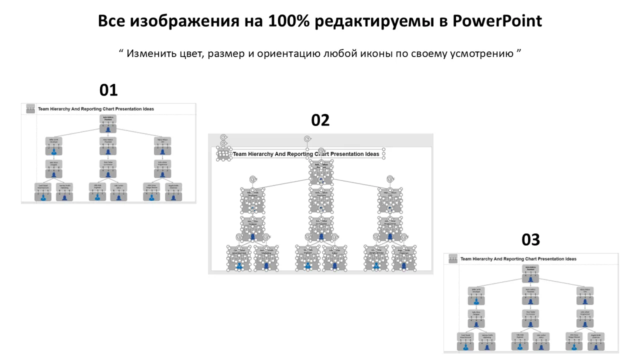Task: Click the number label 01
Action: [108, 90]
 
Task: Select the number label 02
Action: [320, 120]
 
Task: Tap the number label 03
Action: [530, 240]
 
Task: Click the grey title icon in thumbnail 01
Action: [30, 108]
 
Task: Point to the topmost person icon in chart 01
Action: [108, 129]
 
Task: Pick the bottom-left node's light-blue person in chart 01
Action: [43, 197]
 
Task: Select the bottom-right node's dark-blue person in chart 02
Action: [403, 265]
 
